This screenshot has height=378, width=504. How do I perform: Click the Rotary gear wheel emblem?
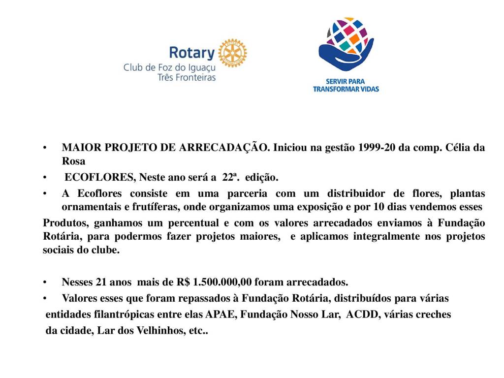pyautogui.click(x=232, y=53)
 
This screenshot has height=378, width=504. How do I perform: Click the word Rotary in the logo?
pyautogui.click(x=192, y=53)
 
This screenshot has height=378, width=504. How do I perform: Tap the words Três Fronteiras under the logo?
pyautogui.click(x=186, y=77)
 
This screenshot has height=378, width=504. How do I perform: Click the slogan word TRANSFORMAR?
pyautogui.click(x=340, y=89)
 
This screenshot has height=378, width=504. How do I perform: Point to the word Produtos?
pyautogui.click(x=63, y=223)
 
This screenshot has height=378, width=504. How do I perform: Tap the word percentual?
pyautogui.click(x=187, y=223)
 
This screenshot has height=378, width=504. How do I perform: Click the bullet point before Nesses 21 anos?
pyautogui.click(x=45, y=283)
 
